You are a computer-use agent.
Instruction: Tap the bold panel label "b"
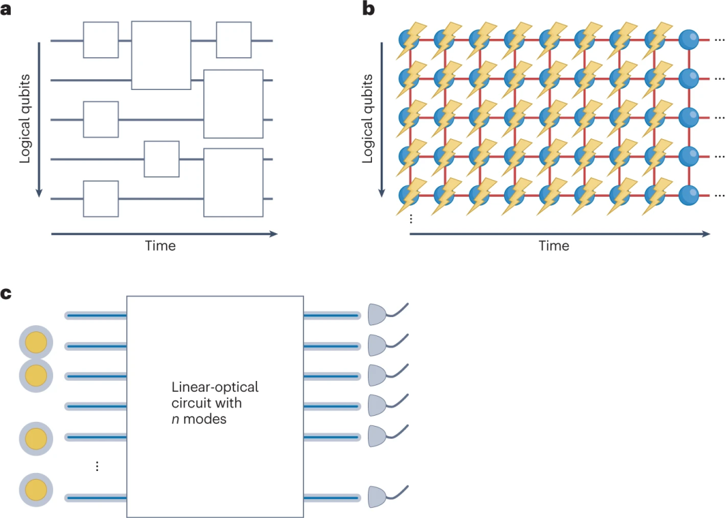tap(369, 9)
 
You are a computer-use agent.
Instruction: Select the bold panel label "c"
tap(7, 295)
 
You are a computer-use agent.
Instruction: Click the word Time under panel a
tap(160, 246)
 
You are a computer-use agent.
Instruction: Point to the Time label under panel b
tap(554, 246)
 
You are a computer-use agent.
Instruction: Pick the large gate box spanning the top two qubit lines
tap(161, 55)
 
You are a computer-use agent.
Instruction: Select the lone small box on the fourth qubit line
tap(162, 159)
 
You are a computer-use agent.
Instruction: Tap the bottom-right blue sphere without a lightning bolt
tap(689, 196)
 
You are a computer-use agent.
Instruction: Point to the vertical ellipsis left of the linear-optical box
tap(97, 466)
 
